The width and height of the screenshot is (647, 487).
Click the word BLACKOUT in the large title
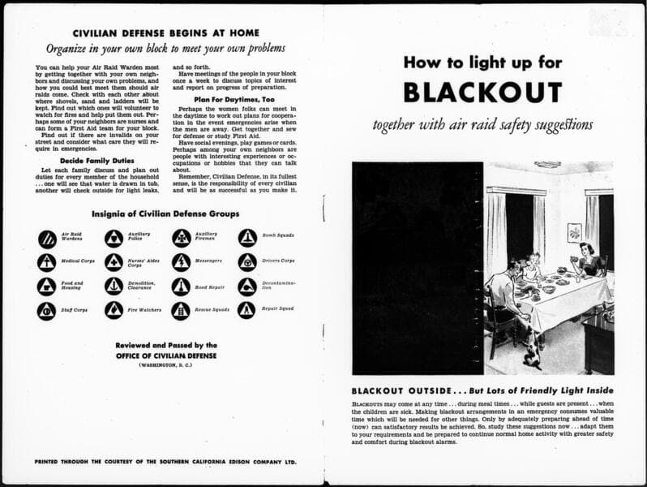pos(482,92)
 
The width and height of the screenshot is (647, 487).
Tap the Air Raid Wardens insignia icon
pos(47,238)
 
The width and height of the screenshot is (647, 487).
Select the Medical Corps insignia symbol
pos(47,262)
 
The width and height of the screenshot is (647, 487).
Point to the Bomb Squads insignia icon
pos(247,238)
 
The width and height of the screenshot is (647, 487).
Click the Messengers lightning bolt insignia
pos(181,262)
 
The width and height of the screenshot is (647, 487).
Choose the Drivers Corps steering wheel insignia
pos(247,262)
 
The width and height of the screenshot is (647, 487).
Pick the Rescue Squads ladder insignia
pos(181,310)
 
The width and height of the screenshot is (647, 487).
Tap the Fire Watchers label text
pos(144,310)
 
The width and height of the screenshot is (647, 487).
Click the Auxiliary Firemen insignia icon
pos(181,238)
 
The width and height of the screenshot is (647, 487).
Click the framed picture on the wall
pos(574,233)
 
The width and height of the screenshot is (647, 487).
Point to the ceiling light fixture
pos(547,165)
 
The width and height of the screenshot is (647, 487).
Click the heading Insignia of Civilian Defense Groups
pos(165,214)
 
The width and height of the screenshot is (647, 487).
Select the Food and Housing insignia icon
pos(47,286)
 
